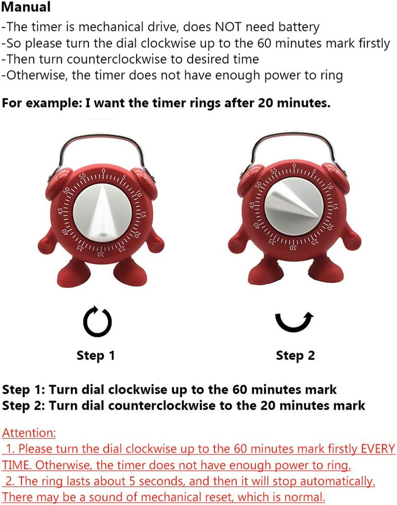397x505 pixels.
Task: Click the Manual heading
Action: [26, 8]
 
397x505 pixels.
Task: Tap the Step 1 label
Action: [96, 356]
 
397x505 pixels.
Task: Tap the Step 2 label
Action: [295, 356]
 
